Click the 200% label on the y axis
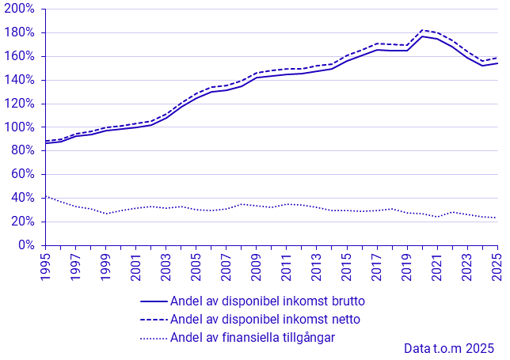(x=19, y=9)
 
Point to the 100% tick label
(x=19, y=127)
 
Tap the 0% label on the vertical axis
(x=26, y=244)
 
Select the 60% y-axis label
(x=23, y=174)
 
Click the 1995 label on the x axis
(x=46, y=267)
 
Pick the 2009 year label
(x=257, y=267)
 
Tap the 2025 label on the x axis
(x=497, y=267)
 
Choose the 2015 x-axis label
(x=347, y=267)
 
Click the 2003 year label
(x=166, y=267)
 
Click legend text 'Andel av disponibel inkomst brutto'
(x=268, y=301)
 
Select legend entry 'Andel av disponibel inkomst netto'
(x=265, y=320)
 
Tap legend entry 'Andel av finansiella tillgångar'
(x=253, y=338)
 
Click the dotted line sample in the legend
(x=154, y=338)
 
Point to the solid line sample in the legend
(x=154, y=301)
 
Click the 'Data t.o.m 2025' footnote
(x=449, y=349)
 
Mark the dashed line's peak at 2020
(x=422, y=30)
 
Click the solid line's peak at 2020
(x=422, y=36)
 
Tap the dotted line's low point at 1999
(x=106, y=214)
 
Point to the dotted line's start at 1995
(x=46, y=196)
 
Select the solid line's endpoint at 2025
(x=497, y=63)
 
